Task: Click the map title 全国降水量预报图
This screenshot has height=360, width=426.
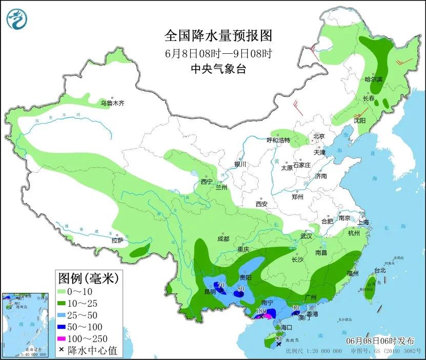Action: click(218, 36)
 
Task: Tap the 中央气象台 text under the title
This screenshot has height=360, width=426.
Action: click(218, 69)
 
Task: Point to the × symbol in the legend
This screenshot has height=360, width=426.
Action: click(62, 350)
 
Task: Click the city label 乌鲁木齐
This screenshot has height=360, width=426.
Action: click(112, 103)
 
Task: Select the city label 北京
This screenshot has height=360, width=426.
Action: click(319, 136)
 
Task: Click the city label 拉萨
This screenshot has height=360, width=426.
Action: click(117, 240)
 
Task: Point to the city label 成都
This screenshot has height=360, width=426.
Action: click(223, 239)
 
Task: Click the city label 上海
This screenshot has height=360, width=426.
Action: click(363, 223)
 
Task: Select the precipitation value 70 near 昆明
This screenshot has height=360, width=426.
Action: click(221, 285)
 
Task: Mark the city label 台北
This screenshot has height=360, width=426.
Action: click(379, 270)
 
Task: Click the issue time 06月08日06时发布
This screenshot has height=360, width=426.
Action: click(379, 341)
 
